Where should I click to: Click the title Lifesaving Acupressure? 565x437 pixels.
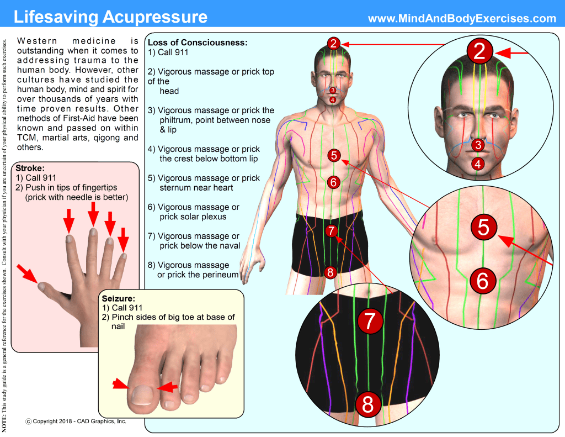point(110,17)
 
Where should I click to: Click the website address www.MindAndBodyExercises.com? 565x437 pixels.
point(462,18)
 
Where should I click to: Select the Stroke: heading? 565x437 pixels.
point(30,169)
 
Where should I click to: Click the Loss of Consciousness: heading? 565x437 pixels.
point(198,43)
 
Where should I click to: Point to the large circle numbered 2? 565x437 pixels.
point(479,51)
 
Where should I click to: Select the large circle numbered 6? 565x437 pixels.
point(482,281)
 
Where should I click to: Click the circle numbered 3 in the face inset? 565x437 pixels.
point(478,145)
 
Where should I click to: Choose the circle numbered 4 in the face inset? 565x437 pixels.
point(478,164)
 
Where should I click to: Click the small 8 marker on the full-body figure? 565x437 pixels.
point(330,272)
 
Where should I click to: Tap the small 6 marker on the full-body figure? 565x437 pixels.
point(332,181)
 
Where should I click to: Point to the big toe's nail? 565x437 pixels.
point(142,394)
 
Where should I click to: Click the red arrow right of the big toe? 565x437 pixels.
point(167,388)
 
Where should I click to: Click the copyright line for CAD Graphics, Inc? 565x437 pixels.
point(76,422)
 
